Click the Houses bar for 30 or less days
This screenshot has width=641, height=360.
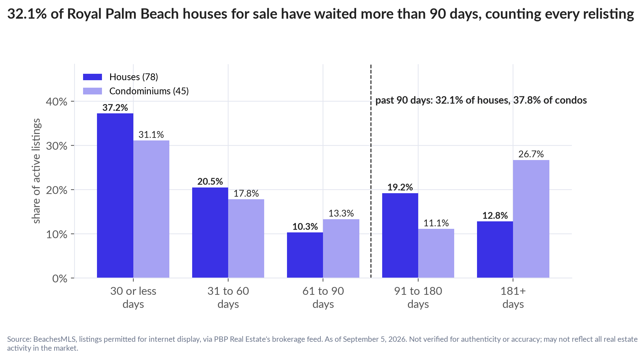[115, 195]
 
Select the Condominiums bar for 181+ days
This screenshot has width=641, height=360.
[531, 219]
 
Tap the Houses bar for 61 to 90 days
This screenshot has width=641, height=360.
[305, 255]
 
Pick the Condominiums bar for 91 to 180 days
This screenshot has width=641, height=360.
[436, 253]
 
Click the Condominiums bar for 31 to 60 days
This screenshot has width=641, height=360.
[246, 238]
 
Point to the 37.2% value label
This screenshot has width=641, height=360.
[115, 108]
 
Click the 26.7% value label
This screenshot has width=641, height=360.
[531, 154]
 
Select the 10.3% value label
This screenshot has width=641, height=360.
[305, 226]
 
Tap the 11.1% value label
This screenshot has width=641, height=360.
[436, 223]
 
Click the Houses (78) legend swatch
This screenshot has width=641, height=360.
[92, 77]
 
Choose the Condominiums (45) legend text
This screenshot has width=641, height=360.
[149, 91]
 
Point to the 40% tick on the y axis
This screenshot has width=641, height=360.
[72, 101]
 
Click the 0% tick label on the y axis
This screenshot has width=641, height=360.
[60, 278]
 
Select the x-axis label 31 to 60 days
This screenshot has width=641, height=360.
[228, 298]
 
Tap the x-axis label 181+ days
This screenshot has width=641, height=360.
[513, 298]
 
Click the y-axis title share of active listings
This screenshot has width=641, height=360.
[36, 171]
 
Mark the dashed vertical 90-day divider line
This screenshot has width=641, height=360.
[371, 171]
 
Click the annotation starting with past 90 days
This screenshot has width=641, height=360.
[481, 100]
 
